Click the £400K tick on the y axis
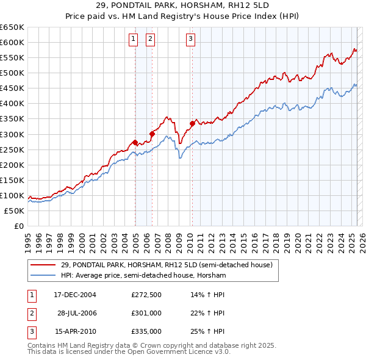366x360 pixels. (x=12, y=103)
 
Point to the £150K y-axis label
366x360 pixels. (x=12, y=180)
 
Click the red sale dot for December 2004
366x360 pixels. (x=135, y=142)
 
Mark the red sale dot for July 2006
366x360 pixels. (x=152, y=134)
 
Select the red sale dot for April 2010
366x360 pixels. (x=192, y=123)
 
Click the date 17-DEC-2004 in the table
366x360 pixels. (x=75, y=294)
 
